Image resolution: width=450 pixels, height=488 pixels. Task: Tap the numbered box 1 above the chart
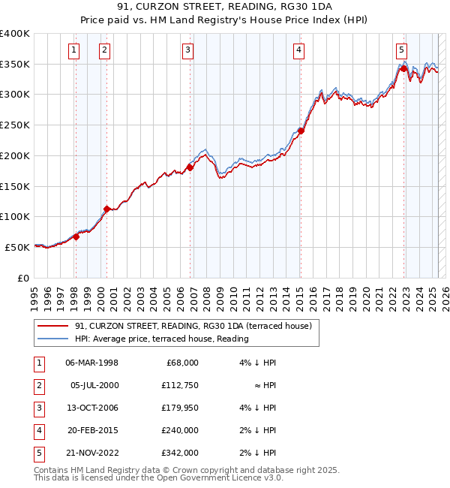tap(74, 50)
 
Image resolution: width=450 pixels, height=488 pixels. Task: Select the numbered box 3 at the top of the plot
tap(187, 50)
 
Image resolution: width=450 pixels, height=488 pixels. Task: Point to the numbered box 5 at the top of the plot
tap(402, 50)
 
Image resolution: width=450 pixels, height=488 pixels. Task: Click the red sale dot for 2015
tap(301, 131)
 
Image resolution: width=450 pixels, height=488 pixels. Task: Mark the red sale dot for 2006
tap(190, 167)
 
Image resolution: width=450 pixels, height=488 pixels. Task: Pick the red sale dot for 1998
tap(76, 236)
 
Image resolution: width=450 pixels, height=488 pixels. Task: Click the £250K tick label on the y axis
tap(15, 125)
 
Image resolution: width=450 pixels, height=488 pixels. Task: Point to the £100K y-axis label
tap(15, 216)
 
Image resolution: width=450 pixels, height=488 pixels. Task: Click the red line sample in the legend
tap(52, 326)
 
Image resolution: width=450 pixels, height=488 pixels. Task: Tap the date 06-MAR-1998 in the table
tap(92, 363)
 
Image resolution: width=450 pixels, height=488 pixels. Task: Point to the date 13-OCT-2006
tap(92, 408)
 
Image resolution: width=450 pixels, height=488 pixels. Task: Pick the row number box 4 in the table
tap(38, 430)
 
